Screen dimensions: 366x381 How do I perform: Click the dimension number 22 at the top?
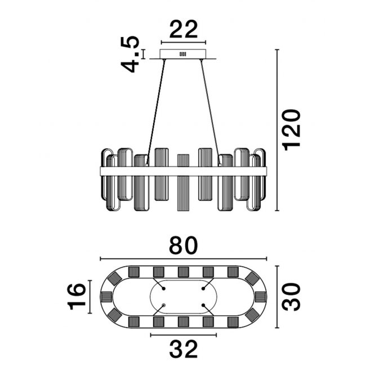184,29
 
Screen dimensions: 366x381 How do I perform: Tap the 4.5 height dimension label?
130,54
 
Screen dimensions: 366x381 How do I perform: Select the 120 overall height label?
291,130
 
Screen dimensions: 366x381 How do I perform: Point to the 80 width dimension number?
184,245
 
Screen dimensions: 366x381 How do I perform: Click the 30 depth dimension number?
291,297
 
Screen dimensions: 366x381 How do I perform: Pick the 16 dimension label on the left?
77,297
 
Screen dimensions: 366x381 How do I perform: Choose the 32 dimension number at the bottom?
184,349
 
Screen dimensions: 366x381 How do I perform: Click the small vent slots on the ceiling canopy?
182,54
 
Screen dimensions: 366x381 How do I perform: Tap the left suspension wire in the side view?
155,113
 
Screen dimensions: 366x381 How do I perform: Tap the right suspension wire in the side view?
211,113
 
